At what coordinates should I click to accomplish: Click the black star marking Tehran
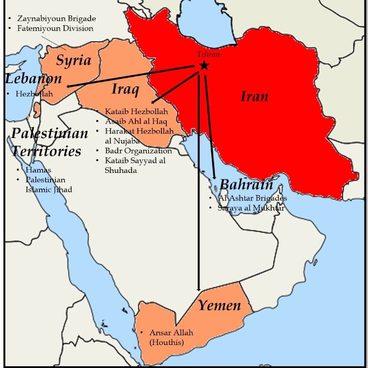[x=204, y=65]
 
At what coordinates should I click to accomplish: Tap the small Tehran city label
[x=208, y=54]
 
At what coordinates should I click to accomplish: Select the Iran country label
[x=254, y=96]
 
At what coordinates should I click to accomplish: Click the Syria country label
[x=73, y=60]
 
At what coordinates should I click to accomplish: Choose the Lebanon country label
[x=34, y=79]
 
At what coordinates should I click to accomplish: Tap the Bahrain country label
[x=246, y=184]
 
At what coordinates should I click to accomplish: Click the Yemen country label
[x=219, y=305]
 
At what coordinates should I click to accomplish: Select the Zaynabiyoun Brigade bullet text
[x=57, y=19]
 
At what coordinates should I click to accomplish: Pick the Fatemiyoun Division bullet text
[x=55, y=28]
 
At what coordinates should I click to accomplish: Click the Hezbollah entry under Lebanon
[x=34, y=94]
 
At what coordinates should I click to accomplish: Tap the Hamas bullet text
[x=38, y=170]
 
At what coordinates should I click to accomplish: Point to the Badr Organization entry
[x=138, y=151]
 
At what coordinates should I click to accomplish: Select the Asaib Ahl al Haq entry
[x=136, y=121]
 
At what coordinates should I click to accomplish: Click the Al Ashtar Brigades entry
[x=252, y=198]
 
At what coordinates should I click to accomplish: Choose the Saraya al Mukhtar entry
[x=251, y=208]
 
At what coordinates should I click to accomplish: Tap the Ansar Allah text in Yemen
[x=171, y=333]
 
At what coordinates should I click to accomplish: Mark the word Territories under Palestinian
[x=46, y=151]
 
